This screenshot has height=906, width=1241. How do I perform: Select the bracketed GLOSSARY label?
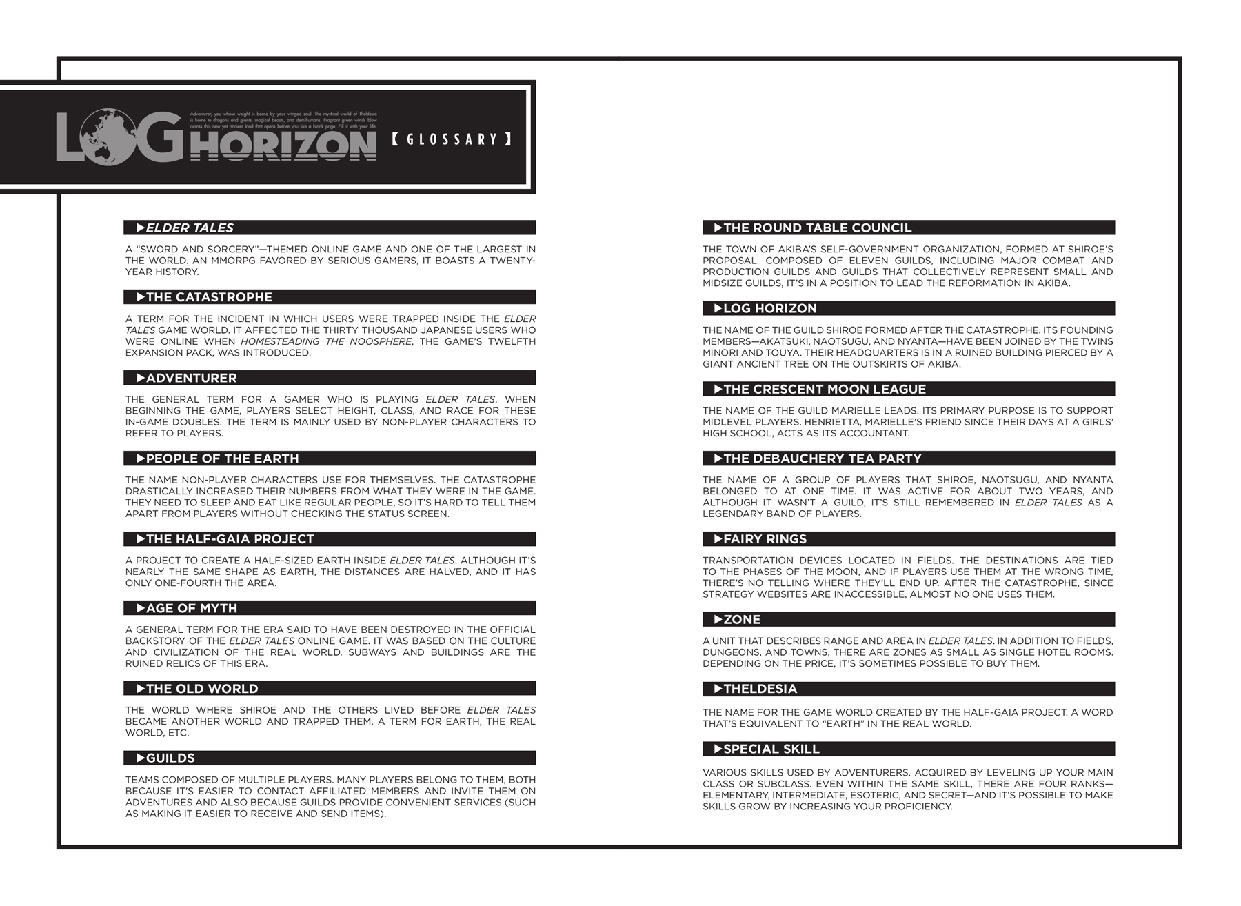click(x=452, y=139)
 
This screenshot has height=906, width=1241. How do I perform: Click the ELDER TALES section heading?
click(x=190, y=228)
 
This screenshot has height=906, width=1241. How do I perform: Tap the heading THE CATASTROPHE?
click(x=209, y=297)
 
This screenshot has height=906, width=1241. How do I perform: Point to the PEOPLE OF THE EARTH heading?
click(x=222, y=459)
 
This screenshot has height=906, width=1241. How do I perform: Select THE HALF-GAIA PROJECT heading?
click(x=230, y=539)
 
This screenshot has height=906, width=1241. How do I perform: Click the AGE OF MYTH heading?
click(x=191, y=608)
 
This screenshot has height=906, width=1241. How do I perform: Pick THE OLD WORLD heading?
click(x=202, y=689)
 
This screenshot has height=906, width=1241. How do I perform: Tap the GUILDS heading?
click(x=170, y=758)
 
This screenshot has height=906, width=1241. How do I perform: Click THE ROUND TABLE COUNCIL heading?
click(x=817, y=228)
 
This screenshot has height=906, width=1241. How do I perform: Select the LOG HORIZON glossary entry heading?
click(x=769, y=308)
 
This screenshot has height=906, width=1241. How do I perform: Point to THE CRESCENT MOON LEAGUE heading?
click(x=825, y=389)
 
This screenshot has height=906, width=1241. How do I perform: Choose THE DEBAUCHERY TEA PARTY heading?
click(x=822, y=459)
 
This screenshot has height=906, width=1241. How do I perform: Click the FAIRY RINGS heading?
click(x=765, y=539)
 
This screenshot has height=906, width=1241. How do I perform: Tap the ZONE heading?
click(x=742, y=619)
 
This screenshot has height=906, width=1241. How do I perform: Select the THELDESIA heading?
click(x=760, y=689)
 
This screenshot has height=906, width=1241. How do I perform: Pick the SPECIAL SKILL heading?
click(x=771, y=749)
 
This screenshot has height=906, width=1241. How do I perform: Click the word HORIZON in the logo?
click(x=283, y=146)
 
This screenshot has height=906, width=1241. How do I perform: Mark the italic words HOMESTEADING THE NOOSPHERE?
click(x=325, y=341)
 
